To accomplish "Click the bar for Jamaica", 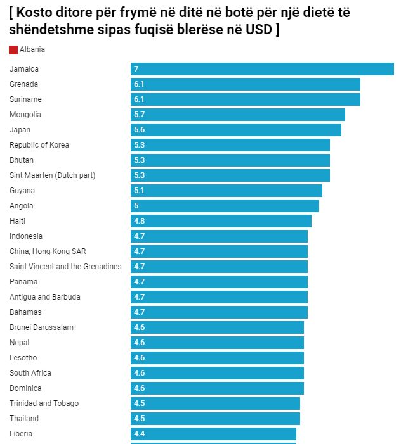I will click(262, 69).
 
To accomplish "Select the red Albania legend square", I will click(13, 50).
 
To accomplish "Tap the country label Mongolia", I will click(25, 115).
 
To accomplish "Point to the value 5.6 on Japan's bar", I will click(140, 130).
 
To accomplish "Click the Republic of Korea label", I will click(39, 145).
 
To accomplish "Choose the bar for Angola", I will click(225, 206).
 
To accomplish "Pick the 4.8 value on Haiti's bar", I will click(140, 221).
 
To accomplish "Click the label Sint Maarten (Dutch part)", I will click(53, 175).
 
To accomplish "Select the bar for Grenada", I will click(246, 84).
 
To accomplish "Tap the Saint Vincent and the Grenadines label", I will click(65, 267).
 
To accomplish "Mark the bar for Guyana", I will click(226, 191).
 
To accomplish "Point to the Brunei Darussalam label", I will click(41, 327).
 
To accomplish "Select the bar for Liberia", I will click(213, 434).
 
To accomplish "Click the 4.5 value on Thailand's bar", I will click(140, 419).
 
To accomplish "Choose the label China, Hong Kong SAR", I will click(48, 251).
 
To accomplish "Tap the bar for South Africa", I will click(217, 373).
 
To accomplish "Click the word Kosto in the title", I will click(40, 13).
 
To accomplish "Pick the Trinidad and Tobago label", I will click(44, 403).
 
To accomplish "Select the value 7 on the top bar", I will click(136, 69).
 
